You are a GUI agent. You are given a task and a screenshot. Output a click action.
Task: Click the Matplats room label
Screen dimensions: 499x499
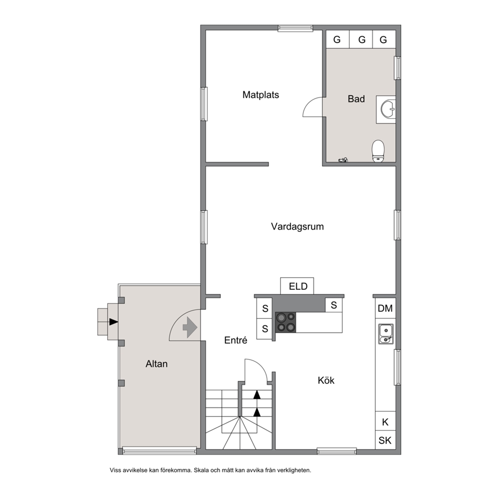[x=261, y=95]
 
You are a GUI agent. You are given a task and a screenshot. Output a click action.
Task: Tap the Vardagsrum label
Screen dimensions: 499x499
[x=297, y=226]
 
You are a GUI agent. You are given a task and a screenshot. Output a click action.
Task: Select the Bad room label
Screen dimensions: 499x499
[x=356, y=99]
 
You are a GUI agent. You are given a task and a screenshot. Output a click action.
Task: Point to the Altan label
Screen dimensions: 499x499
[x=156, y=364]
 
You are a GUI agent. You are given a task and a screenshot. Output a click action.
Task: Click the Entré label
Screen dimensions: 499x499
[x=235, y=340]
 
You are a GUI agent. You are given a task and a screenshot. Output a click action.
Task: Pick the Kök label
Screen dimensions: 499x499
[x=326, y=380]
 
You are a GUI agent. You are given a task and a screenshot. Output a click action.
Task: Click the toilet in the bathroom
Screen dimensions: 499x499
[x=378, y=151]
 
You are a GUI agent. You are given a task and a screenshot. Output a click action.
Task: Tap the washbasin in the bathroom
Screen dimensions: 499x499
[x=388, y=109]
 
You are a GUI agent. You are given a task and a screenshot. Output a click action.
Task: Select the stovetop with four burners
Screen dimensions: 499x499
[x=286, y=322]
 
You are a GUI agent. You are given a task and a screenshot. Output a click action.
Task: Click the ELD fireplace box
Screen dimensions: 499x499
[x=297, y=286]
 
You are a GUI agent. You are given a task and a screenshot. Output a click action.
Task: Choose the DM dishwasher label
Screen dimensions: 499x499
[x=385, y=308]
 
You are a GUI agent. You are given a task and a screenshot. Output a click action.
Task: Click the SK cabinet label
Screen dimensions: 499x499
[x=385, y=441]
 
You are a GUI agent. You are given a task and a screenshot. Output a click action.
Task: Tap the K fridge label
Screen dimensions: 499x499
[x=385, y=422]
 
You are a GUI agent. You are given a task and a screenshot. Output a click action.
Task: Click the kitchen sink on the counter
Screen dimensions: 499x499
[x=386, y=334]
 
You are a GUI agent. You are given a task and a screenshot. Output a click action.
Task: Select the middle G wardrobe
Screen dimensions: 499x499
[x=362, y=39]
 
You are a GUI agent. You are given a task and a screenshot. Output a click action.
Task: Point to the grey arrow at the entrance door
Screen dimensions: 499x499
[x=190, y=327]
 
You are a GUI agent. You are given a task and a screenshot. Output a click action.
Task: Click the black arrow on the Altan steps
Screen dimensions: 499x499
[x=114, y=322]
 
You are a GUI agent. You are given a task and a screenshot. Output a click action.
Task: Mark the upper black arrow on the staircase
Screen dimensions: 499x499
[x=257, y=394]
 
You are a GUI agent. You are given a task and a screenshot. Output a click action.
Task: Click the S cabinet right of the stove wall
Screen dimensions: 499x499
[x=334, y=305]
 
